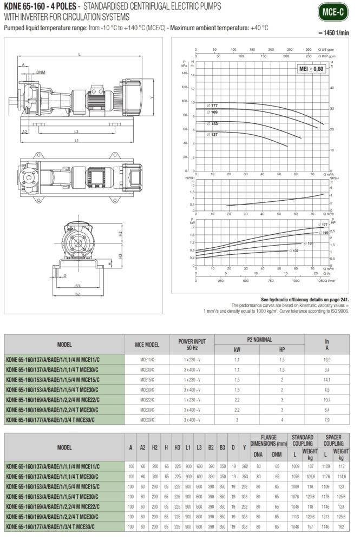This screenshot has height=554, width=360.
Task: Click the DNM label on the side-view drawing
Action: [41, 71]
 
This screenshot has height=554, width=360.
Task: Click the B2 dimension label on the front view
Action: [77, 294]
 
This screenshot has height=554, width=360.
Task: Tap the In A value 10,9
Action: [326, 359]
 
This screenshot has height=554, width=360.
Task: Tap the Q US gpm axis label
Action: [326, 49]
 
